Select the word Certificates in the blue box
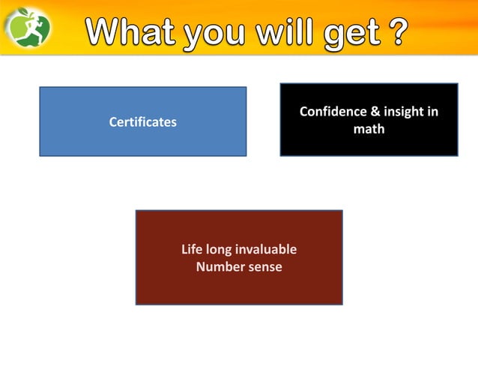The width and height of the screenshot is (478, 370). coord(142,122)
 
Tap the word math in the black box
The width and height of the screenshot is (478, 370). coord(369,129)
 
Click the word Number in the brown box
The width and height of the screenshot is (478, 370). coord(219,266)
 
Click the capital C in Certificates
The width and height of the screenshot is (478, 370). coord(113,122)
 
